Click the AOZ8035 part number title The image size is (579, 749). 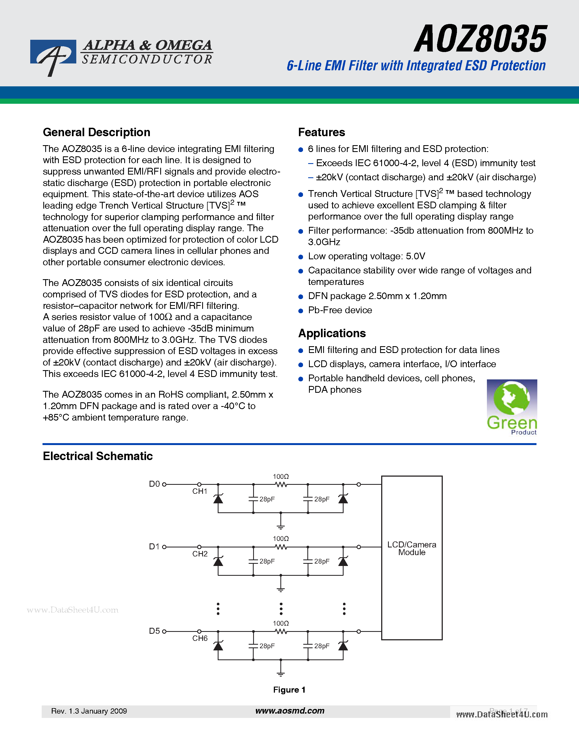[x=480, y=39]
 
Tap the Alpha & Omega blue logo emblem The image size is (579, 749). [x=53, y=54]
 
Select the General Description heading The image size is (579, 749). [x=96, y=132]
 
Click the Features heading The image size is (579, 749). [x=322, y=132]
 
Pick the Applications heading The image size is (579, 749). [x=332, y=333]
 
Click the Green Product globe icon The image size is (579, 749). [x=512, y=398]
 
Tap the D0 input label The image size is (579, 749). [x=154, y=484]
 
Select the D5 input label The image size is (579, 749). [x=154, y=631]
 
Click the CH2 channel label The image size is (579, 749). [x=200, y=554]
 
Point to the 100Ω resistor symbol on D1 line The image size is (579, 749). [x=281, y=547]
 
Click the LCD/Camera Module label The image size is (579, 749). [x=412, y=548]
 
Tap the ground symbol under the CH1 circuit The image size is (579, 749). [x=281, y=526]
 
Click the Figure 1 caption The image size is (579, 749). [x=289, y=690]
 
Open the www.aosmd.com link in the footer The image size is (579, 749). [x=290, y=711]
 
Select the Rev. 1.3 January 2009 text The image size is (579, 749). [x=89, y=711]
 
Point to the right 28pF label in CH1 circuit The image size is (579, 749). [x=322, y=499]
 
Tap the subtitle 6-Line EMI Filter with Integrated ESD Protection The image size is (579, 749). [x=416, y=65]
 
